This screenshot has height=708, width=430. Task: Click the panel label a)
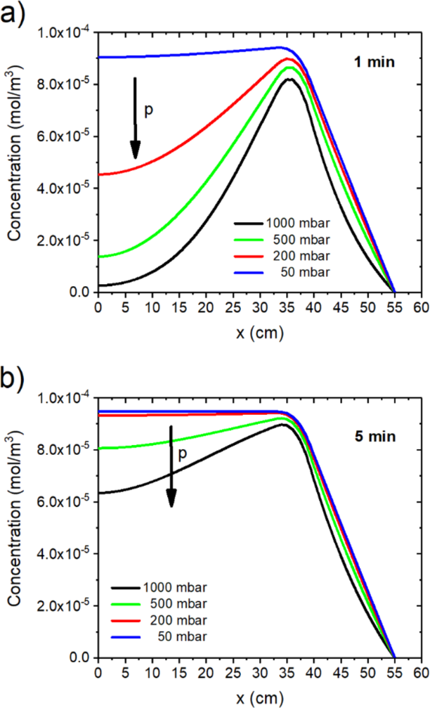point(13,13)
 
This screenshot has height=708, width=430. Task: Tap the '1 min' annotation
point(373,61)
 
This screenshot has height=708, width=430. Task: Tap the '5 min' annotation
point(374,435)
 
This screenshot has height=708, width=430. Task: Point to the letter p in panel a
point(148,110)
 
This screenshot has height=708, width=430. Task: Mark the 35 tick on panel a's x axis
point(287,308)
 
